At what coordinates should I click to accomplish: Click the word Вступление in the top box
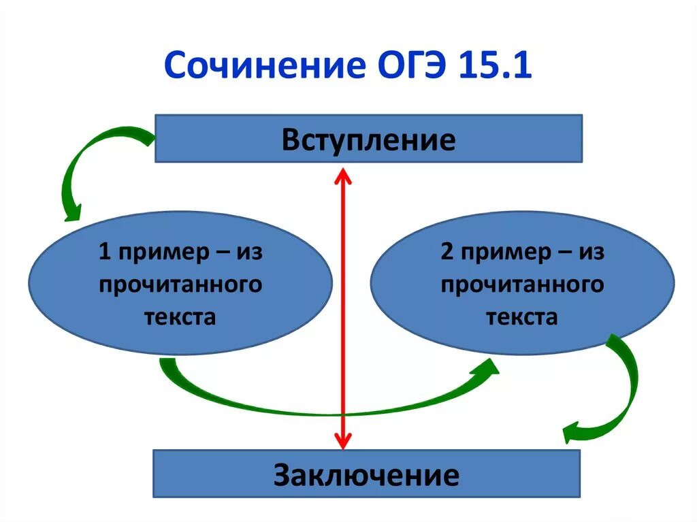(368, 141)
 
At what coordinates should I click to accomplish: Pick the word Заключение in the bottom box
(366, 474)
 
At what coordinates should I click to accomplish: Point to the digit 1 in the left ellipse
(104, 252)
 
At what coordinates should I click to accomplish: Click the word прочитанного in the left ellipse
(180, 284)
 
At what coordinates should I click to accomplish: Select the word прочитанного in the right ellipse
(522, 284)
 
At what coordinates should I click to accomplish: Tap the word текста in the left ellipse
(180, 316)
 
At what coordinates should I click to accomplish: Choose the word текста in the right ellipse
(522, 316)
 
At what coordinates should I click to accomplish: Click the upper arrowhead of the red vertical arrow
(342, 178)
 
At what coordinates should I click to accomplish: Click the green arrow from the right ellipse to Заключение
(623, 395)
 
